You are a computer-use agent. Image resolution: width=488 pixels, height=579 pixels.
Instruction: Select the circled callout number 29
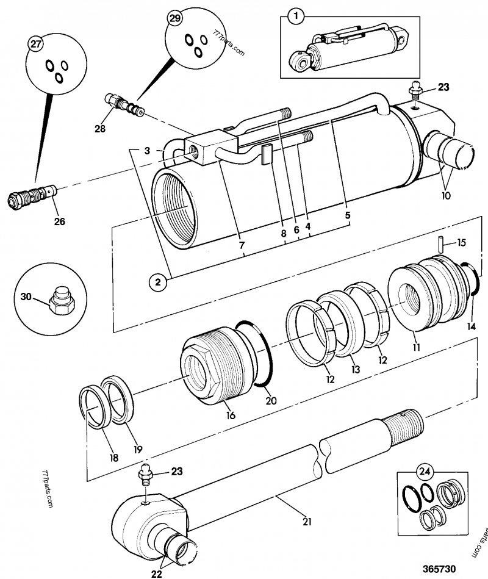[x=174, y=19]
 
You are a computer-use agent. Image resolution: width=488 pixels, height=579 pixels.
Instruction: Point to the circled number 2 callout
[x=157, y=282]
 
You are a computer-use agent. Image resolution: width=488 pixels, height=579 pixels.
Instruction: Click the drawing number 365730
[x=438, y=569]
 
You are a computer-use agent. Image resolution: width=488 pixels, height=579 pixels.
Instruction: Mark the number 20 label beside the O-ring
[x=271, y=400]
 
